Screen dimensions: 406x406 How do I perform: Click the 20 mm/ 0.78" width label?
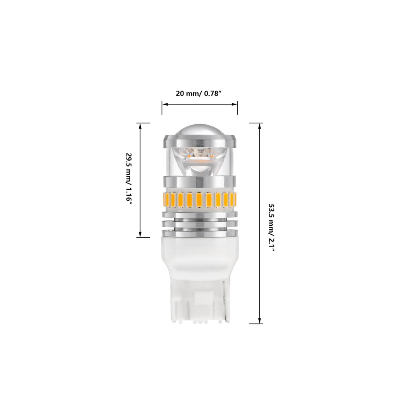click(199, 93)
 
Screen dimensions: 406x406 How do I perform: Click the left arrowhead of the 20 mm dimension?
click(165, 104)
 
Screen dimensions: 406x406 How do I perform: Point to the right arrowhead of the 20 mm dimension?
click(235, 104)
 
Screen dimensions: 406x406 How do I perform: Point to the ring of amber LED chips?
click(199, 199)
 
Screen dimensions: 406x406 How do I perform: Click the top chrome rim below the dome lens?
click(199, 140)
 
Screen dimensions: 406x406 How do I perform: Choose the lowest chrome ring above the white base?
click(199, 233)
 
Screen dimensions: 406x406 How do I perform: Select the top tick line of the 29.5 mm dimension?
click(143, 123)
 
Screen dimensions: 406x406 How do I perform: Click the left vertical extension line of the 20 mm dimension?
click(162, 107)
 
